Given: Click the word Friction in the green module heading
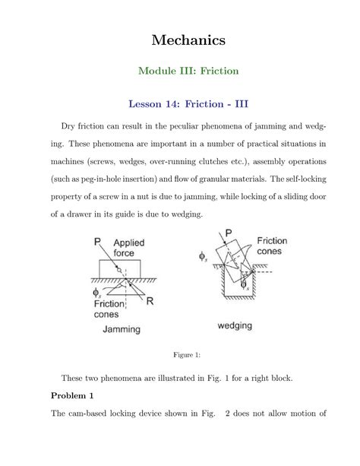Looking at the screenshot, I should pyautogui.click(x=219, y=71).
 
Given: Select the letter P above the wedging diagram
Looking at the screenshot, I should pyautogui.click(x=229, y=234).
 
